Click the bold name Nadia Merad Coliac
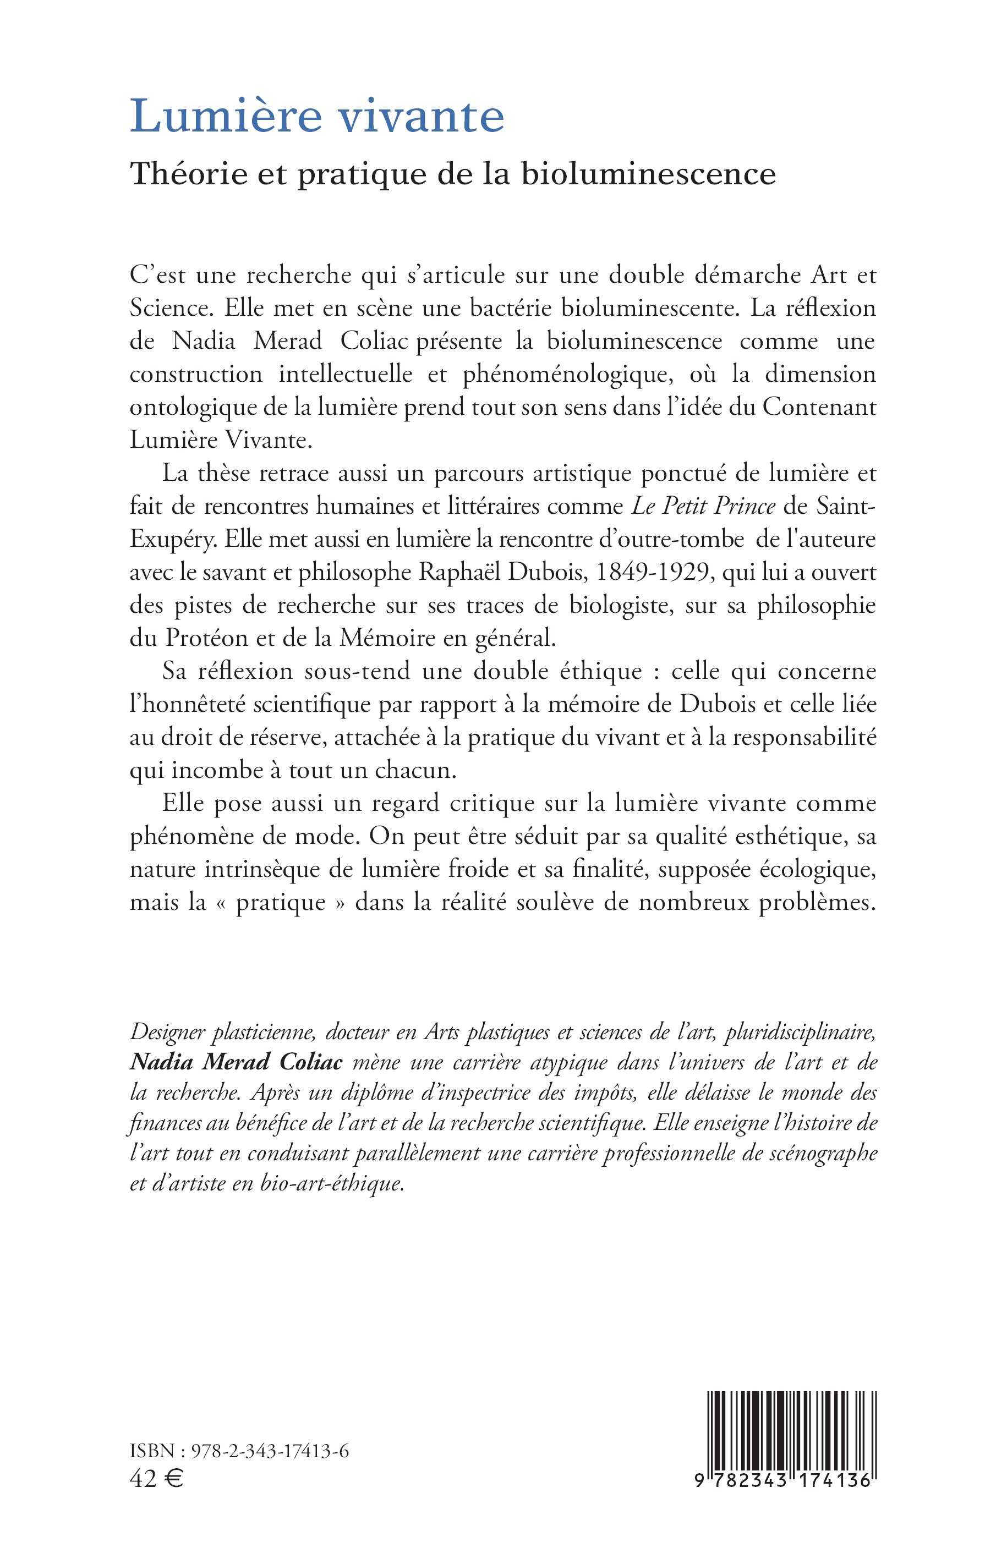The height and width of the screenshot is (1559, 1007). (x=236, y=1062)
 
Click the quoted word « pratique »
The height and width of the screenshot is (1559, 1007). (x=281, y=903)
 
